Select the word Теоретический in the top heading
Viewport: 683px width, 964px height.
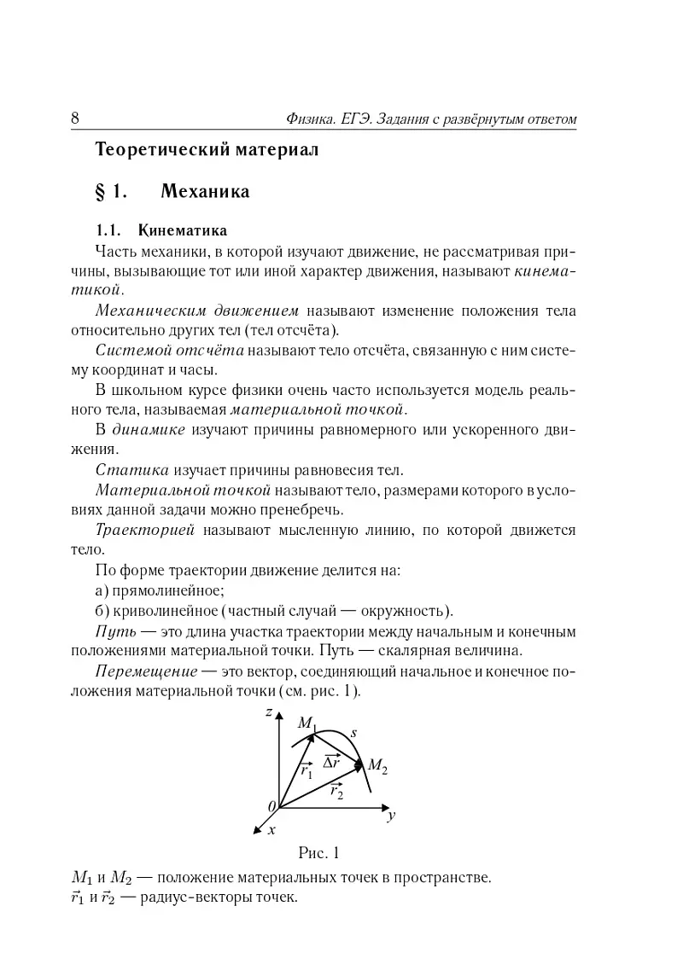(x=153, y=150)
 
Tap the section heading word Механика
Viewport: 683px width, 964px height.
(x=212, y=191)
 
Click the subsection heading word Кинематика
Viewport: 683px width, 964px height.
(x=182, y=230)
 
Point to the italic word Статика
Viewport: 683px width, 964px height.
(x=134, y=470)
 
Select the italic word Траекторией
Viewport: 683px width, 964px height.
(x=145, y=531)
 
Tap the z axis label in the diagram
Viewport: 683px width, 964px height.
(x=268, y=711)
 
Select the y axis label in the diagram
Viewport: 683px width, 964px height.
(x=390, y=816)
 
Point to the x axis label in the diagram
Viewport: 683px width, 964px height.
(x=271, y=828)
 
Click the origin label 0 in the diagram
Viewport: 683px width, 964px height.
(x=271, y=806)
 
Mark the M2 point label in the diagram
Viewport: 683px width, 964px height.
(x=377, y=769)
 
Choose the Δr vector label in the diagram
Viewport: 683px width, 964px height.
(x=331, y=760)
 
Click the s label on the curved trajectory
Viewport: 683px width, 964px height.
(x=353, y=732)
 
